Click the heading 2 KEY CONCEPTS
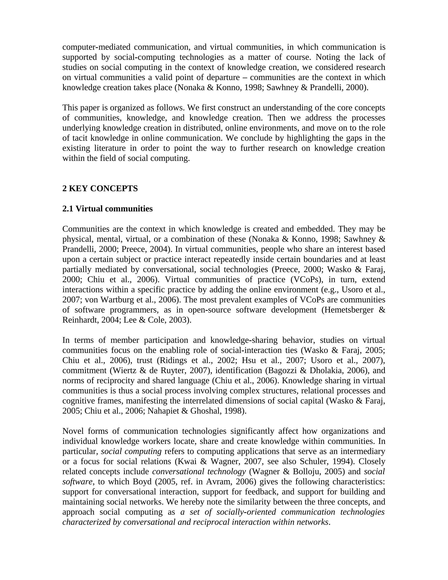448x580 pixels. [x=100, y=188]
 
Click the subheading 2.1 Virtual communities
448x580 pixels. [x=107, y=209]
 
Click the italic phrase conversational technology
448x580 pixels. [x=199, y=471]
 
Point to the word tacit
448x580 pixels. [x=80, y=138]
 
